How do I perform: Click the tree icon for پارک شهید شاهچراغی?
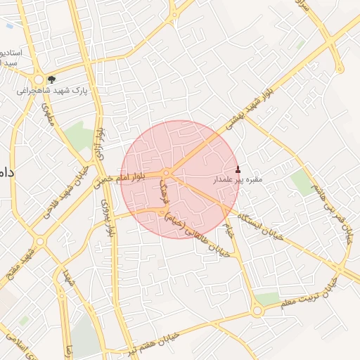pyautogui.click(x=51, y=79)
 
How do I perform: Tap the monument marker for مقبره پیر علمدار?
pyautogui.click(x=238, y=169)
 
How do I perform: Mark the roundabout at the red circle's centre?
pyautogui.click(x=167, y=173)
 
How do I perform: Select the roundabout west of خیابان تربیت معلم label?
pyautogui.click(x=257, y=309)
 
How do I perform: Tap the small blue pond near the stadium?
pyautogui.click(x=9, y=26)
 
